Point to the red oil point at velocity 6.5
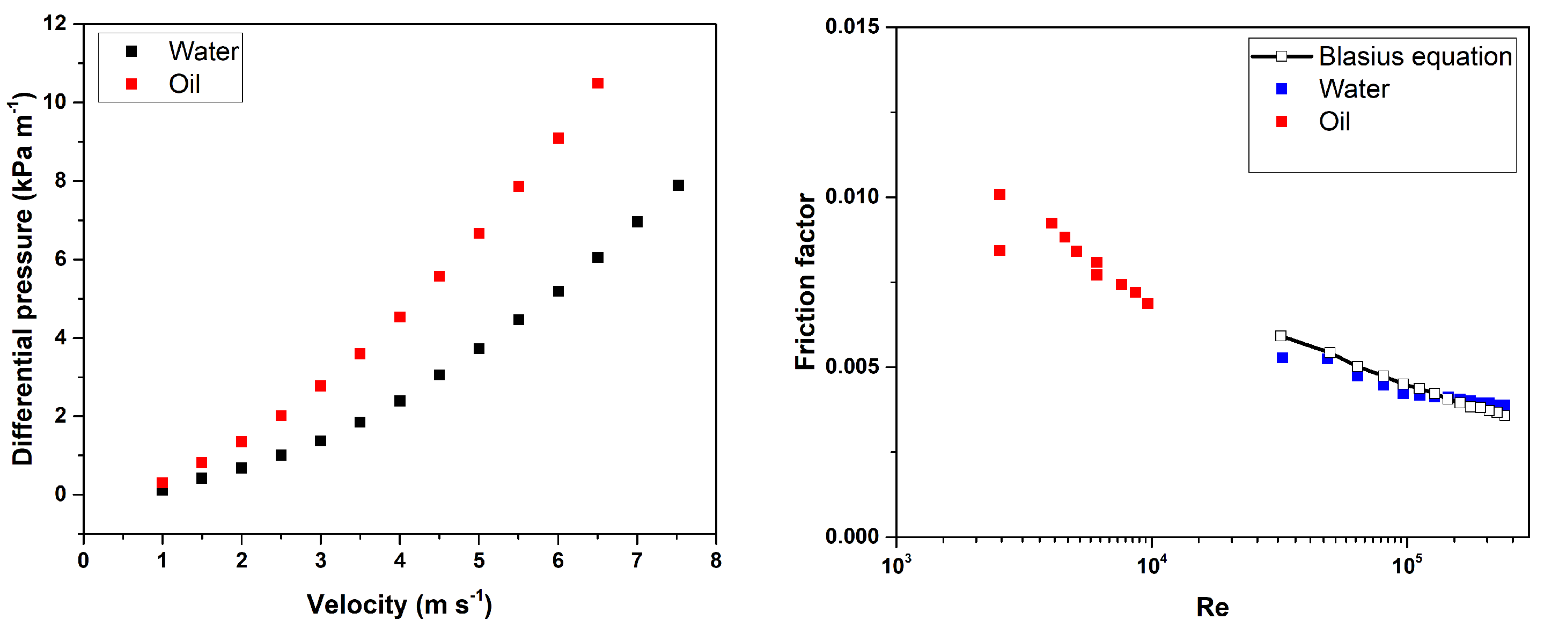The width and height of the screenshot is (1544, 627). click(x=598, y=83)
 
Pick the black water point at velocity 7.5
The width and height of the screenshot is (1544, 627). click(x=678, y=186)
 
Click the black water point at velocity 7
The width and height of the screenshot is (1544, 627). click(x=637, y=223)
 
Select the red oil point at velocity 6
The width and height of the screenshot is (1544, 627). click(x=558, y=138)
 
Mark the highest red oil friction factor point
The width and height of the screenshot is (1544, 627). click(x=999, y=195)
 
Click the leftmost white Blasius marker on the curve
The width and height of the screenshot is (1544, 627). click(x=1281, y=336)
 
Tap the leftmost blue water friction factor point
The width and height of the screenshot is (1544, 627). click(x=1282, y=358)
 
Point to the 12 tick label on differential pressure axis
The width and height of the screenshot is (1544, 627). click(x=55, y=24)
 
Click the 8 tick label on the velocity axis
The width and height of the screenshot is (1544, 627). click(x=716, y=561)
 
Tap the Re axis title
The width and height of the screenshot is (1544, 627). click(x=1212, y=608)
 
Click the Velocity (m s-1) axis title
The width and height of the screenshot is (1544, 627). click(x=399, y=605)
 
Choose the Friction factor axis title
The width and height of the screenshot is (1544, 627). click(x=806, y=282)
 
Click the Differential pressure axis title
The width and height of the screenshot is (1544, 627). click(x=23, y=279)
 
